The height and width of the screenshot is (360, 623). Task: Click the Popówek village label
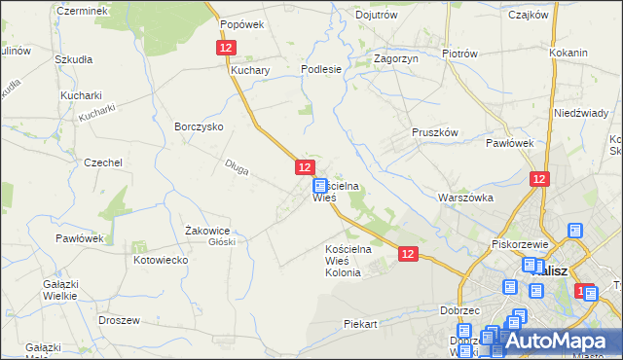(242, 24)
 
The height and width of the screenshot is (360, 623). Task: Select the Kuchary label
(249, 71)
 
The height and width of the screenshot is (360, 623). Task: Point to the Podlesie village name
(321, 70)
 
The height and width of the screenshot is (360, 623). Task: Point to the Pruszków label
(434, 131)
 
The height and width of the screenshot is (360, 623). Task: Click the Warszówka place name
(466, 198)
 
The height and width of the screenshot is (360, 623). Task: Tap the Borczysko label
(200, 127)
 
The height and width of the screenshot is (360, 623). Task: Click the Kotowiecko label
(161, 261)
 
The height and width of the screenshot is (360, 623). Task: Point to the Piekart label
(360, 322)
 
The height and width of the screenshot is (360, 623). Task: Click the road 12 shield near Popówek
(226, 48)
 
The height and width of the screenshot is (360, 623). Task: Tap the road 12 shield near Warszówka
(540, 179)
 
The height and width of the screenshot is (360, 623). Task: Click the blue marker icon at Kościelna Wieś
(320, 186)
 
